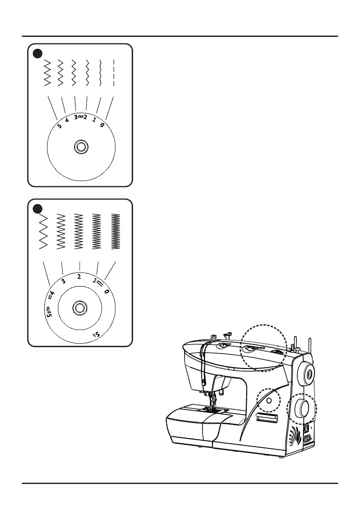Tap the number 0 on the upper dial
(102, 125)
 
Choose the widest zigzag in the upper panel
(47, 73)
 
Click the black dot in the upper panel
(38, 53)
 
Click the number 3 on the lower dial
(64, 281)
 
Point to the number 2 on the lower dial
(79, 277)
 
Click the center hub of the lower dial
(79, 308)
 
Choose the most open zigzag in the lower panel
(43, 231)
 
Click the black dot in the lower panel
(38, 209)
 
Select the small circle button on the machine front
(269, 400)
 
